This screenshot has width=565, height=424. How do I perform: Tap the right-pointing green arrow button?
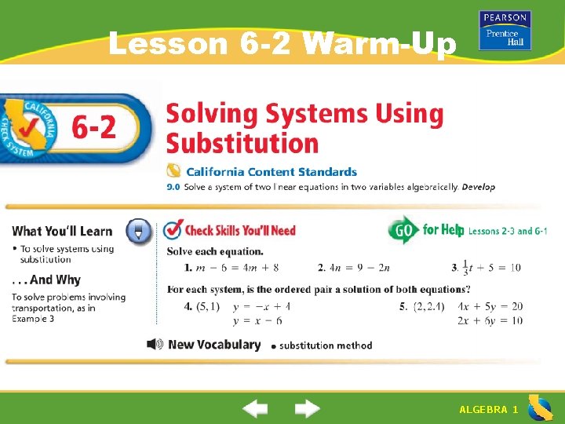(308, 409)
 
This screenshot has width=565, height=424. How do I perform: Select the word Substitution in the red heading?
(242, 144)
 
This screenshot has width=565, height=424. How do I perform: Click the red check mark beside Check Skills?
(173, 230)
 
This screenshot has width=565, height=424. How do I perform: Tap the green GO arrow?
(403, 230)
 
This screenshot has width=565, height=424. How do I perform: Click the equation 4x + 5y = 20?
(490, 306)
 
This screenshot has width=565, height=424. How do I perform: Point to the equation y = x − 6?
(257, 320)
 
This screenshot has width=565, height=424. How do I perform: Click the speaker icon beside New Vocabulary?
(155, 344)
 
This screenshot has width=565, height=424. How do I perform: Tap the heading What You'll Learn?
(63, 231)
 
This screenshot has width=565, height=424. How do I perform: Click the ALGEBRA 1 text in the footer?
(488, 410)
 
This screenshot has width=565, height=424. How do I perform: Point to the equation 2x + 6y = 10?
(490, 320)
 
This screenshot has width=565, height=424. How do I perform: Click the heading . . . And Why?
(46, 280)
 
